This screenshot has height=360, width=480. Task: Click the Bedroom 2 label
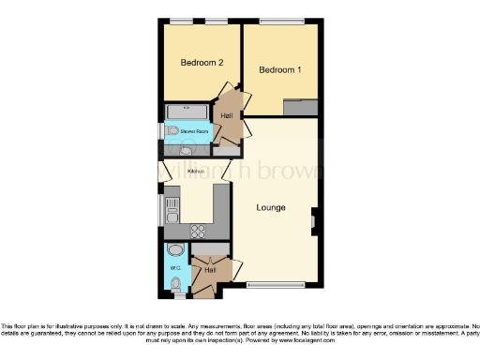(202, 63)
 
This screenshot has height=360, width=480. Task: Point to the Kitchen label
(196, 172)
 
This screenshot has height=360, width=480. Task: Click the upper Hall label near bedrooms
(227, 116)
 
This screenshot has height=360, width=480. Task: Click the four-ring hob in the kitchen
(199, 230)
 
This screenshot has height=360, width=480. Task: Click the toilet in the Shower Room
(171, 132)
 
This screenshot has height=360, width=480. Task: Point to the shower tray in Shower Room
(179, 112)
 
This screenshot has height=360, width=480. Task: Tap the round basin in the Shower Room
(187, 150)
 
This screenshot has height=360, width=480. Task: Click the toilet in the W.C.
(175, 283)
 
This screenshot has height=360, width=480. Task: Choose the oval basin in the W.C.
(175, 251)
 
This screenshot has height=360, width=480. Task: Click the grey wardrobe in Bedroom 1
(300, 107)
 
